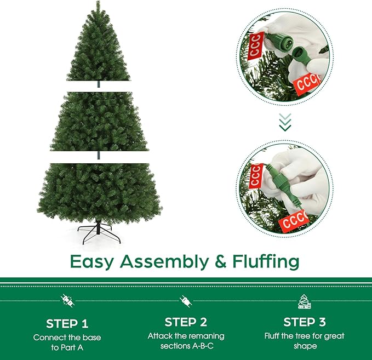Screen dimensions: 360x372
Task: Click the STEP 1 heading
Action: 67,323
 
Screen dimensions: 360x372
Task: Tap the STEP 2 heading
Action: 185,322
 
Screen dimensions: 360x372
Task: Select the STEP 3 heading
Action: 305,322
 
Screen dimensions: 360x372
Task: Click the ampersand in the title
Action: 220,261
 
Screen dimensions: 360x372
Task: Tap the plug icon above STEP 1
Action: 67,300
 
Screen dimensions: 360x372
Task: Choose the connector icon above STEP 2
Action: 185,300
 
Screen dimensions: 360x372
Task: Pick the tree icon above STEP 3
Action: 305,300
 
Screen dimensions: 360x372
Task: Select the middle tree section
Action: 99,121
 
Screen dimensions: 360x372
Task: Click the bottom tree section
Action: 99,189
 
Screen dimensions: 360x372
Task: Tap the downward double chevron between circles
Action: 285,123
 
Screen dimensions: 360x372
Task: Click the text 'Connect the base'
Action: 67,337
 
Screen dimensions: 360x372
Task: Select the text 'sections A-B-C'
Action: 185,346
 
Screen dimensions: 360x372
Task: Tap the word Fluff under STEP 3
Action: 276,336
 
